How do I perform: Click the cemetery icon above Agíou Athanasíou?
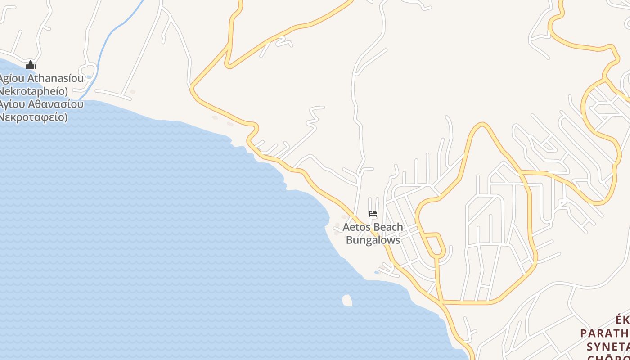point(31,65)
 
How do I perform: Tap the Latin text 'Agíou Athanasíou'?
point(41,79)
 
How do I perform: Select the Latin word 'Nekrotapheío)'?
point(33,91)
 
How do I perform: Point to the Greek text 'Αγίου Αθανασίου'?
point(41,104)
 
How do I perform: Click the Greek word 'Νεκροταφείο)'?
point(33,117)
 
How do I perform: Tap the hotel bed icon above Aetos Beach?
point(373,214)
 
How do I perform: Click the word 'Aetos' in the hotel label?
point(357,227)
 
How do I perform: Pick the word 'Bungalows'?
point(373,240)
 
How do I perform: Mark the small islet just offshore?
point(347,300)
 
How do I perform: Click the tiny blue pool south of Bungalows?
point(377,272)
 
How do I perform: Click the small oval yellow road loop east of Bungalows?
point(435,245)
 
